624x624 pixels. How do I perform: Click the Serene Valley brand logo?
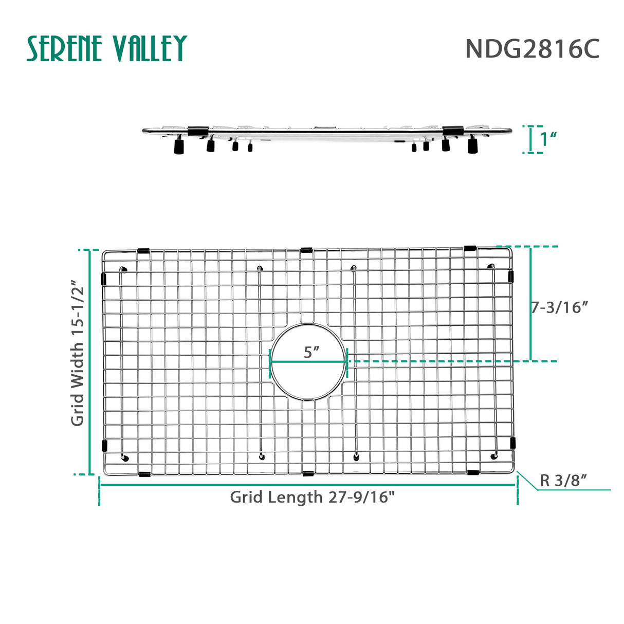(106, 49)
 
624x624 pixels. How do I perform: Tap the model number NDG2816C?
(532, 49)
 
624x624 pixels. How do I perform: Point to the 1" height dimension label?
(549, 139)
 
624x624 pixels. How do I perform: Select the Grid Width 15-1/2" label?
(77, 353)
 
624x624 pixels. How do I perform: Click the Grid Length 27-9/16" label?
(312, 497)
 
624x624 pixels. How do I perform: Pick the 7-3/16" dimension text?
(560, 307)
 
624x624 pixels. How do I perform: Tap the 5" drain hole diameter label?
(311, 352)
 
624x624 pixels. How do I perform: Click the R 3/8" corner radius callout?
(563, 480)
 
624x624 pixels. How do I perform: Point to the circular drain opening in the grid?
(308, 380)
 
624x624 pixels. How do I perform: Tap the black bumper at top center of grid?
(306, 250)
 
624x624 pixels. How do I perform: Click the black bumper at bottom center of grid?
(308, 473)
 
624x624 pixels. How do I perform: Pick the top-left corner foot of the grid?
(123, 269)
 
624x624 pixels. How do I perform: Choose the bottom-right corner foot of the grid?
(494, 455)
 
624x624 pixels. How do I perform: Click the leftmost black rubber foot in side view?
(179, 148)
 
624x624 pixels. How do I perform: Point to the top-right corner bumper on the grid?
(470, 248)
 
